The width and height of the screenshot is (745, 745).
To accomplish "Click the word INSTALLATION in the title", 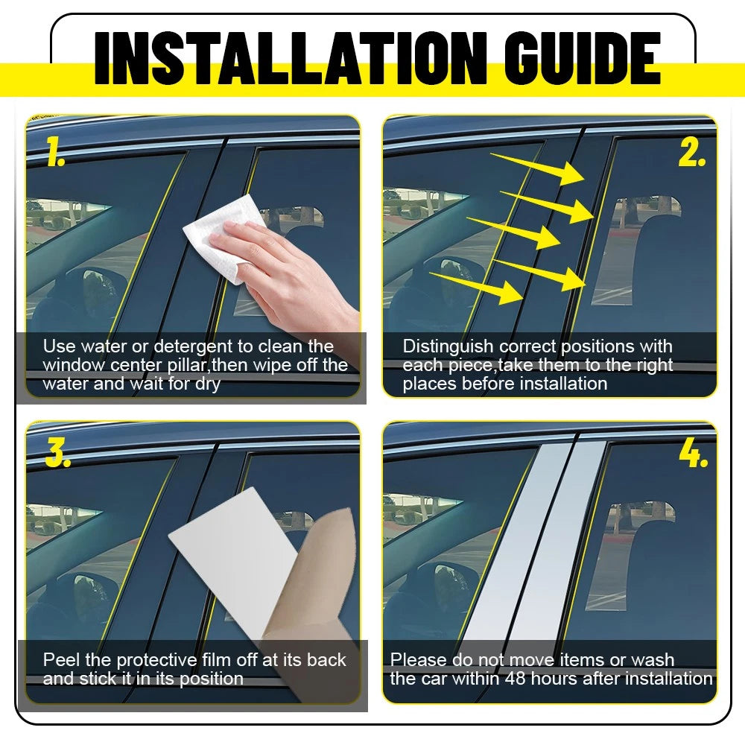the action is [x=291, y=58].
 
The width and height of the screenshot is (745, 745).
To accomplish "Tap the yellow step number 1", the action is [x=56, y=151].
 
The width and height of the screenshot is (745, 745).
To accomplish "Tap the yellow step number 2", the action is [x=691, y=153].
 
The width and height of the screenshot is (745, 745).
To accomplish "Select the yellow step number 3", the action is [x=58, y=453].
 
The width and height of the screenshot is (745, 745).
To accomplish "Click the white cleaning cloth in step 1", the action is [x=223, y=238].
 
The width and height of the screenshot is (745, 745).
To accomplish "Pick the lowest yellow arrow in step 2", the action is [x=476, y=287].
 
